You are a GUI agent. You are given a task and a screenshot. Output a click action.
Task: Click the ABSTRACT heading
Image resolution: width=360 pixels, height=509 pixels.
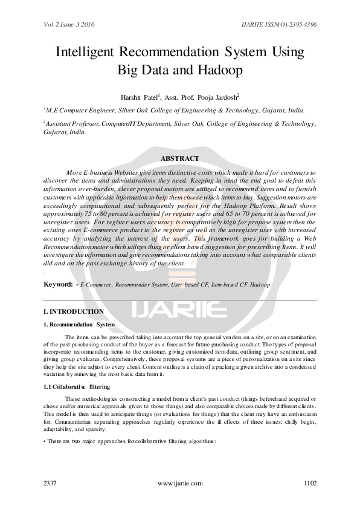point(179,158)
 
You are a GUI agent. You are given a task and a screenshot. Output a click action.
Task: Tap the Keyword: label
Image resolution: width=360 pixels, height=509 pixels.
point(59,284)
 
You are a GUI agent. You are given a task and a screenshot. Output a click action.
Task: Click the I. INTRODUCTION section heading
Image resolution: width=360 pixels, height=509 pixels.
point(73,311)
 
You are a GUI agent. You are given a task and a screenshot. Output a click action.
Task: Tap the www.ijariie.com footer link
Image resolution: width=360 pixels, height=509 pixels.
point(179,483)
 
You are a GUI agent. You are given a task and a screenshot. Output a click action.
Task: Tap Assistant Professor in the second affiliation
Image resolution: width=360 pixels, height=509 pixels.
point(72,123)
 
